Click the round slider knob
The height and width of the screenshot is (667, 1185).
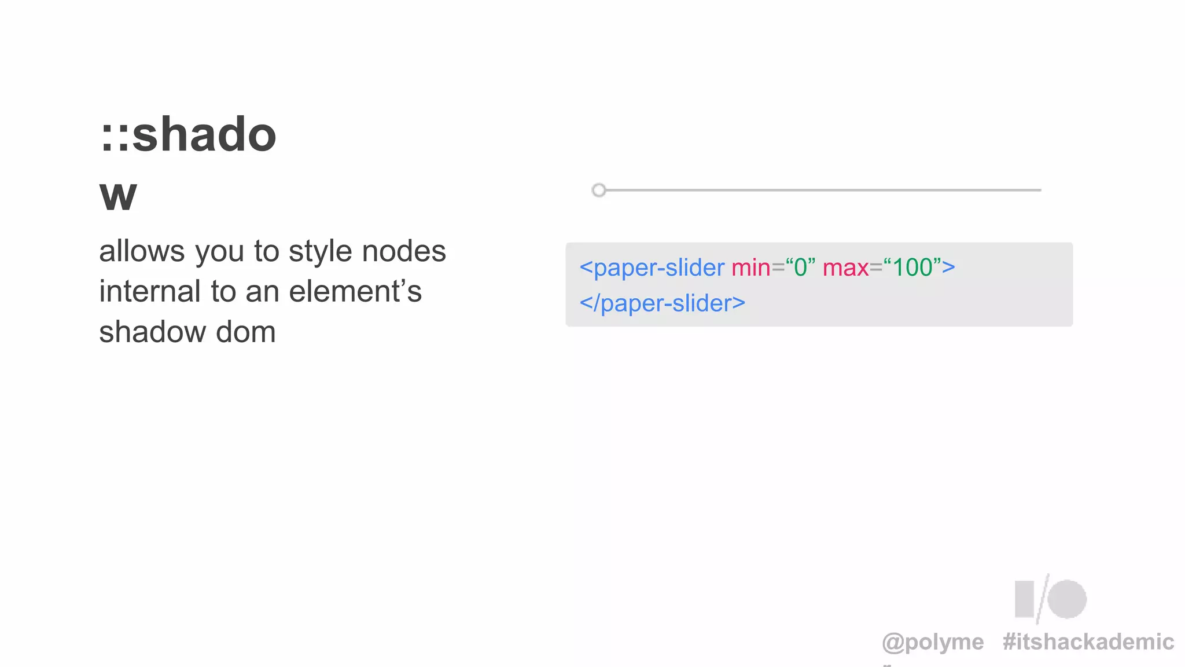click(x=599, y=190)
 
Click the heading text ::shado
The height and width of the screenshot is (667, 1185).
click(x=188, y=135)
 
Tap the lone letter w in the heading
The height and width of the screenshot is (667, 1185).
click(x=118, y=195)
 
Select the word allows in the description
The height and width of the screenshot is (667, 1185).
click(x=142, y=251)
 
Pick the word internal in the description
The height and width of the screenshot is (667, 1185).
click(x=150, y=291)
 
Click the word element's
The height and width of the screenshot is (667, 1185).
click(x=355, y=291)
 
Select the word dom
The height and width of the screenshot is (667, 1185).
click(x=246, y=332)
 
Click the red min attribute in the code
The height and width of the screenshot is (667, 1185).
click(x=750, y=267)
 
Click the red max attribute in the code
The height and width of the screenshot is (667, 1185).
click(x=845, y=267)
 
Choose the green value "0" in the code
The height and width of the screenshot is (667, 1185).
click(x=800, y=267)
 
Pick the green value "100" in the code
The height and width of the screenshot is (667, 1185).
click(x=912, y=267)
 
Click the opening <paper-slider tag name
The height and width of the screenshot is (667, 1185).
click(x=652, y=267)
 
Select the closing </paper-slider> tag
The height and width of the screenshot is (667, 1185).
click(x=663, y=303)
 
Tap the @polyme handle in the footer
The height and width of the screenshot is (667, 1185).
click(x=933, y=642)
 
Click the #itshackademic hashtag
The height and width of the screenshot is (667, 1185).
click(x=1088, y=642)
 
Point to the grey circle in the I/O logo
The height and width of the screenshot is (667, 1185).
click(x=1067, y=599)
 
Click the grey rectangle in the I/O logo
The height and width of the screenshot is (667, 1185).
click(x=1024, y=599)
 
